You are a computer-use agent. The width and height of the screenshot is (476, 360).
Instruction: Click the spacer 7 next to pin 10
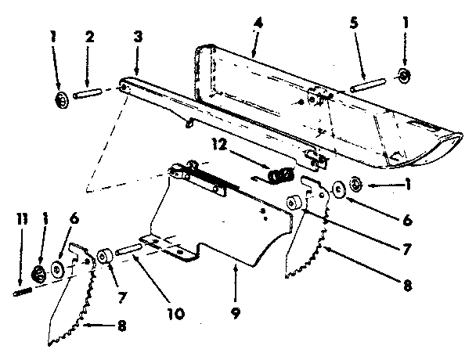click(x=103, y=257)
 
